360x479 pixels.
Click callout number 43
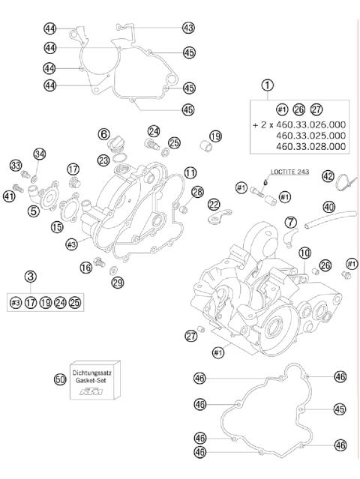(x=188, y=28)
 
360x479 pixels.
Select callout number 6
(x=103, y=133)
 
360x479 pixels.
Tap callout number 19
(x=215, y=136)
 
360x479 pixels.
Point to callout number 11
(x=190, y=172)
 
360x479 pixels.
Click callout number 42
(x=328, y=176)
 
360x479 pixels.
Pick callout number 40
(x=329, y=206)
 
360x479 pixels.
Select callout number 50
(x=61, y=380)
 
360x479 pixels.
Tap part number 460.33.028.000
(x=311, y=147)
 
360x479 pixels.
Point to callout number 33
(x=15, y=165)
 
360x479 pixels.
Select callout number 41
(x=9, y=196)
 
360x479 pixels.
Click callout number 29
(x=117, y=282)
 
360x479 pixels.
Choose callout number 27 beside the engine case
(x=190, y=335)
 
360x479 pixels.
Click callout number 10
(x=304, y=253)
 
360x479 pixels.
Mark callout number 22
(x=214, y=204)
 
